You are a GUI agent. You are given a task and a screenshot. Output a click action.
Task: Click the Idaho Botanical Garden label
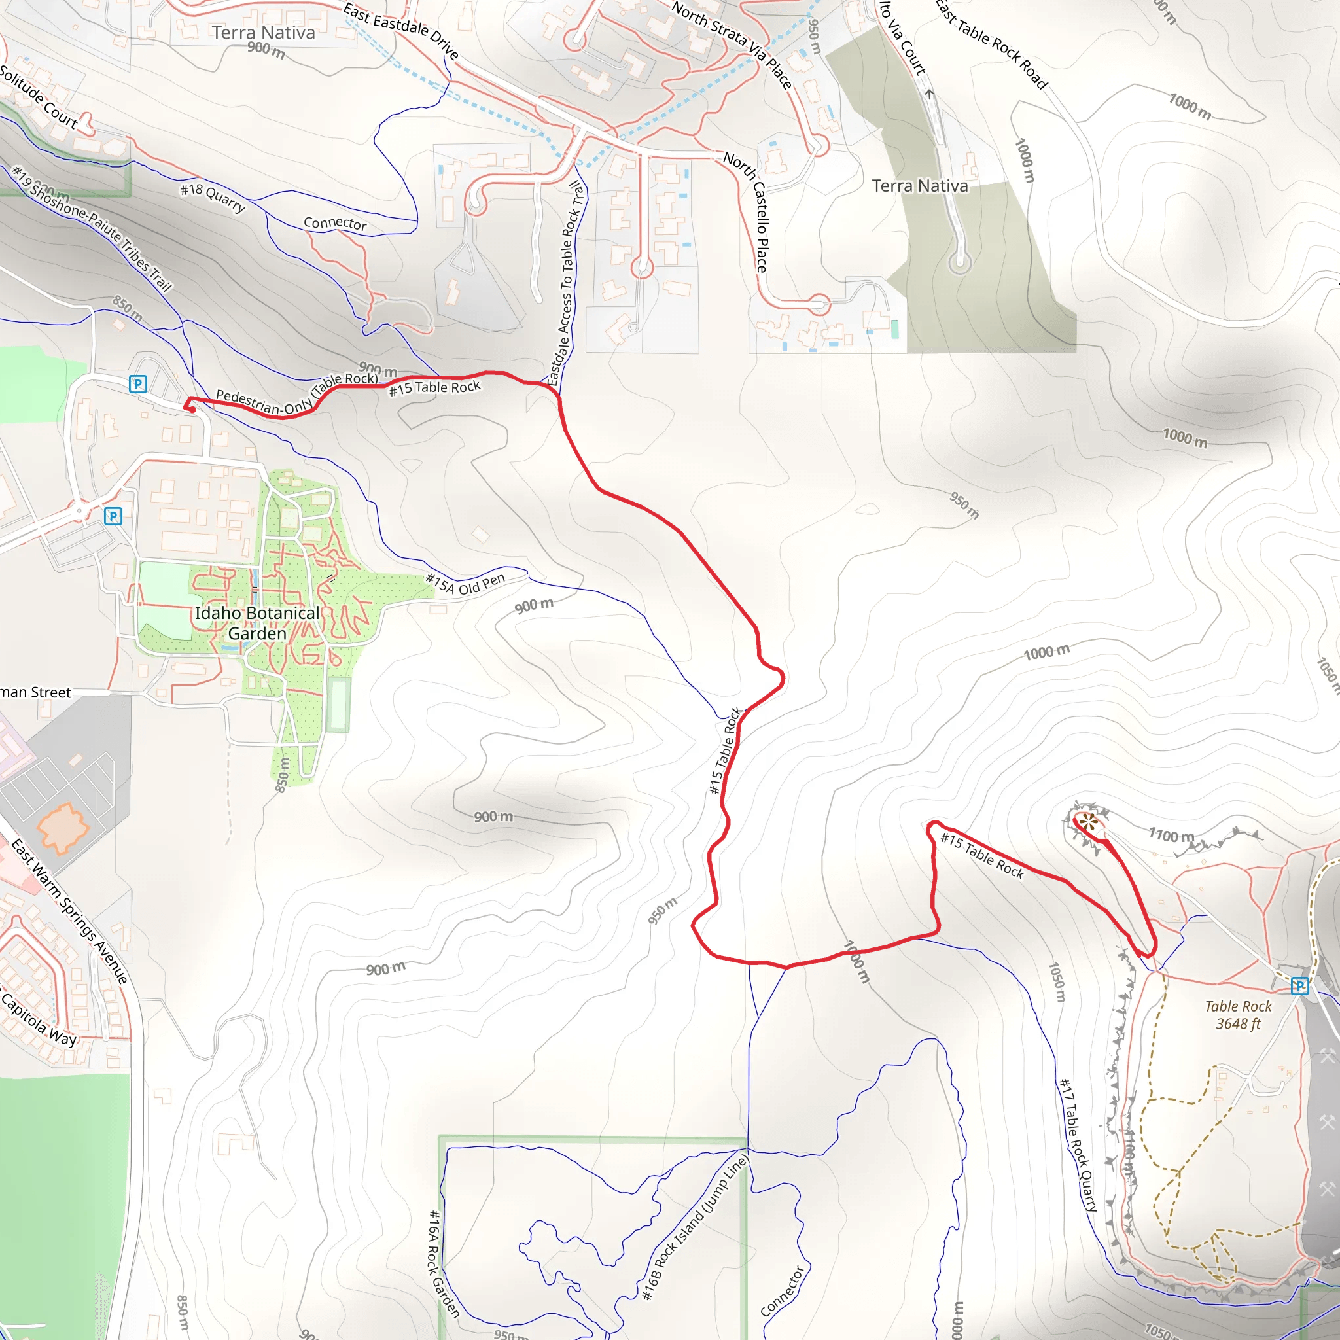pos(256,623)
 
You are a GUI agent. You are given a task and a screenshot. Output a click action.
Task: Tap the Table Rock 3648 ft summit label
pos(1238,1015)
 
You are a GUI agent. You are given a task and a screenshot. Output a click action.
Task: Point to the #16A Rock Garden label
pos(444,1263)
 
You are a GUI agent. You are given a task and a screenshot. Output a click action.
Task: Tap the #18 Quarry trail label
pos(213,197)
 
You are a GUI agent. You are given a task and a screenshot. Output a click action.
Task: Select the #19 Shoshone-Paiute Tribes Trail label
pos(92,228)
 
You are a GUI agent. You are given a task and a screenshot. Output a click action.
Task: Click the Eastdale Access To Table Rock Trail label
pos(566,283)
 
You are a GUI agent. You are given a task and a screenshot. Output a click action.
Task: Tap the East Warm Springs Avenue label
pos(70,911)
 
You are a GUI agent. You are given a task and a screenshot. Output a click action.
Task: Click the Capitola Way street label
pos(38,1018)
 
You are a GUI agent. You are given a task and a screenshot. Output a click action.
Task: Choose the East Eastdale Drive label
pos(401,31)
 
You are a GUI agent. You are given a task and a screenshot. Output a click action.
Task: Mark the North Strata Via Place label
pos(731,45)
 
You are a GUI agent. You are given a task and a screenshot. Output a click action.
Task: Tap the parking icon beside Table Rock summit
pos(1299,985)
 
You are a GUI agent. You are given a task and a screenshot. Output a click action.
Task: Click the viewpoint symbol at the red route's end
pos(1089,824)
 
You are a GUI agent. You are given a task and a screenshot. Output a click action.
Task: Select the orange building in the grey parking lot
pos(62,828)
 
